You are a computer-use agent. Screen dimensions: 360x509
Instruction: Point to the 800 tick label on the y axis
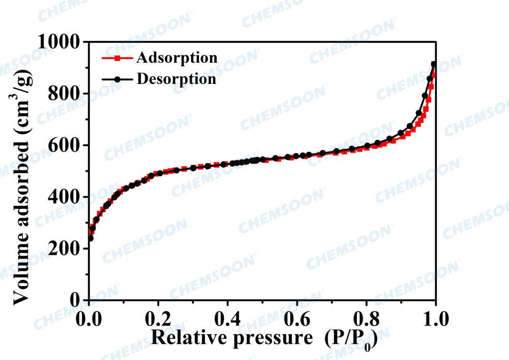(65, 94)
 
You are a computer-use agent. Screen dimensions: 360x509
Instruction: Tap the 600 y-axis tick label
(65, 145)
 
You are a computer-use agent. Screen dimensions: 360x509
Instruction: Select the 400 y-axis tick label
(65, 197)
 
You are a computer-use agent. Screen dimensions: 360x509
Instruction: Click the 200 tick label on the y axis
(65, 249)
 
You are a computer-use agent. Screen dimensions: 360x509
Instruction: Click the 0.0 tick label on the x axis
(89, 318)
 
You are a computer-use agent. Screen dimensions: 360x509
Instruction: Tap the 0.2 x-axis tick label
(158, 318)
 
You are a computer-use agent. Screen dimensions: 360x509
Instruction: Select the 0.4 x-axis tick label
(228, 318)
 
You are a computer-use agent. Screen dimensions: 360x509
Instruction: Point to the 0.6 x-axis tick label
(297, 318)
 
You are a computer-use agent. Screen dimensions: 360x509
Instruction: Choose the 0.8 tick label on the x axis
(367, 318)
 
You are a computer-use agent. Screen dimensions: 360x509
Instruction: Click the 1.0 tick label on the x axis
(436, 318)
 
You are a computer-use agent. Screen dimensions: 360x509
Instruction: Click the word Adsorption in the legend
(177, 58)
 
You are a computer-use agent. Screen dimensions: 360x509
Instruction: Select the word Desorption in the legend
(176, 78)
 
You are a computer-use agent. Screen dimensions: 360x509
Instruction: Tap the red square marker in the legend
(118, 59)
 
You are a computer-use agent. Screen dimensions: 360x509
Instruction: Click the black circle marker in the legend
(118, 79)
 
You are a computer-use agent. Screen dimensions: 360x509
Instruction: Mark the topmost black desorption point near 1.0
(434, 64)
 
